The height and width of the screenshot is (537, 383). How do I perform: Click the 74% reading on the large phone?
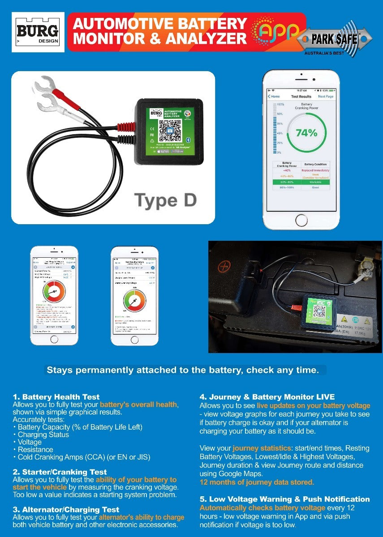pos(306,133)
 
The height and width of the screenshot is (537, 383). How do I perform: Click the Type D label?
pos(165,200)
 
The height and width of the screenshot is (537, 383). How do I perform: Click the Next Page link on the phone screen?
pos(326,96)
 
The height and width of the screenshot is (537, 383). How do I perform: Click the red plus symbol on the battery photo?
pos(224,267)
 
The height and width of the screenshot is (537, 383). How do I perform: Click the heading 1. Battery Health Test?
pos(56,397)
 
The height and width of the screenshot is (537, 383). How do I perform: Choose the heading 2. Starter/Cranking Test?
pos(60,472)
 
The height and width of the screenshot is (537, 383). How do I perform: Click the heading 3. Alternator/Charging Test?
pos(66,509)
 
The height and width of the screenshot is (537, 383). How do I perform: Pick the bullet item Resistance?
pos(35,449)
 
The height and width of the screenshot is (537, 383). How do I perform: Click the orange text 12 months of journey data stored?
pos(257,482)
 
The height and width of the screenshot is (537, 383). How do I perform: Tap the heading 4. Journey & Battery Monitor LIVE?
pos(267,397)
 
